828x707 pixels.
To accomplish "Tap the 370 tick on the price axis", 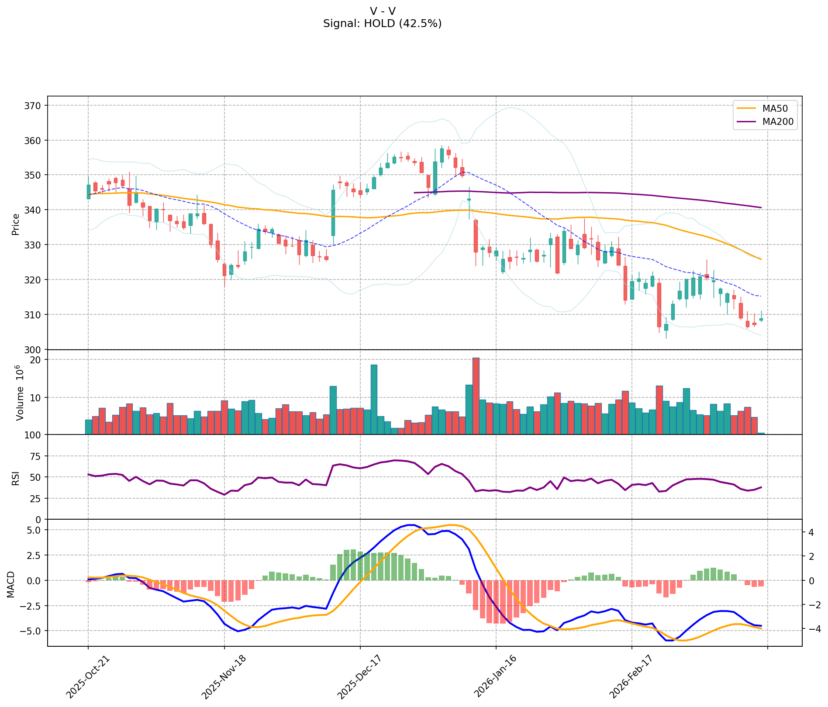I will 34,106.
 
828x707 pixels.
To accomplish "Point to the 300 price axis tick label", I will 34,350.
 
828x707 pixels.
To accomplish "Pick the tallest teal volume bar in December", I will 374,400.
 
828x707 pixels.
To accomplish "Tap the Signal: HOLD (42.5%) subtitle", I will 382,24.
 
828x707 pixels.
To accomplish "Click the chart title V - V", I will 382,11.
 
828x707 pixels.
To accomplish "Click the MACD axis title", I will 10,584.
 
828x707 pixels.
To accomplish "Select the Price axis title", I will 16,224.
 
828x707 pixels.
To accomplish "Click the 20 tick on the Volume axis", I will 36,360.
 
